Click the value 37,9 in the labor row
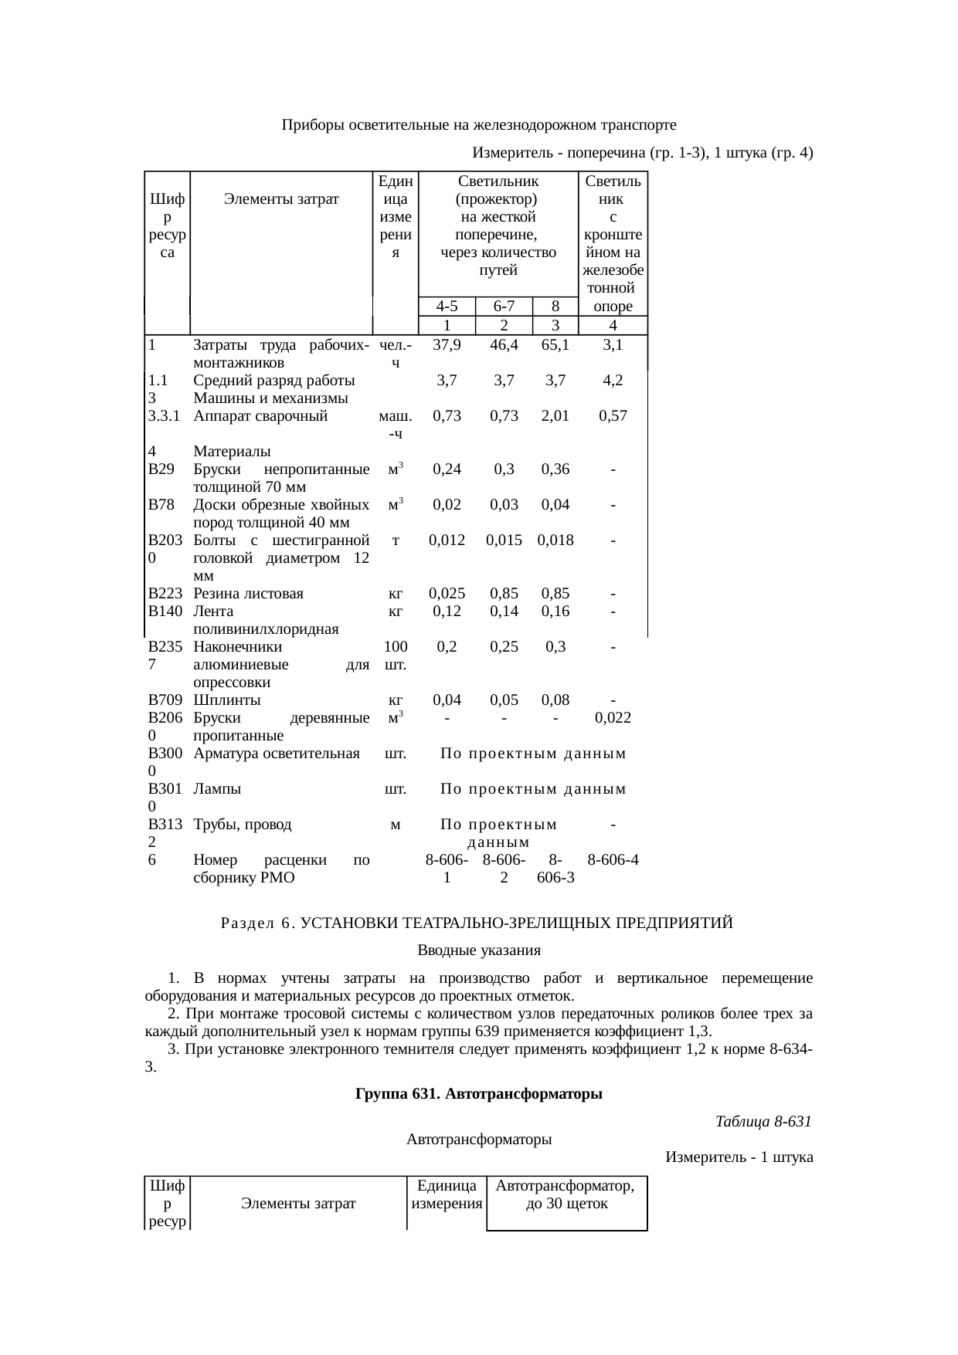click(447, 345)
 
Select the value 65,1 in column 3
click(555, 345)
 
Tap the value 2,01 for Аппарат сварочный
click(555, 416)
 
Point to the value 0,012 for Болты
click(447, 540)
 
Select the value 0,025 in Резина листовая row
click(447, 594)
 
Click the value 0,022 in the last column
click(613, 718)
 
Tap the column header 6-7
click(504, 307)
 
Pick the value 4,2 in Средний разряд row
click(613, 381)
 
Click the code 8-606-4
click(613, 859)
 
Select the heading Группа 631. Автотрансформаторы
click(478, 1094)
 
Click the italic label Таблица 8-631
click(763, 1121)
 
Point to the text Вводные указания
click(478, 950)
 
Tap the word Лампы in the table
click(217, 789)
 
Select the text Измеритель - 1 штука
click(739, 1157)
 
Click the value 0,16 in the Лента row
click(555, 611)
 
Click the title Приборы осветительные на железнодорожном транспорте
click(479, 125)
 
